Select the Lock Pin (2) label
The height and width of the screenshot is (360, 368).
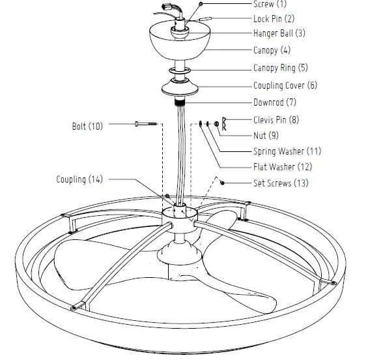tap(274, 19)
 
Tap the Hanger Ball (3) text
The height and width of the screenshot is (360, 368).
tap(279, 33)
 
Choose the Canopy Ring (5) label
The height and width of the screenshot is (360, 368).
tap(280, 68)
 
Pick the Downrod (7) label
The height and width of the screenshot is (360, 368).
tap(275, 102)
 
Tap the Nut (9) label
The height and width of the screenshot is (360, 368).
tap(264, 136)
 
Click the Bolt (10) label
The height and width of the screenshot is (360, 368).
tap(87, 125)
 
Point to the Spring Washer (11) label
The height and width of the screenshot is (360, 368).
tap(286, 151)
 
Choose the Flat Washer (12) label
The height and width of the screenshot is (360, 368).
tap(282, 167)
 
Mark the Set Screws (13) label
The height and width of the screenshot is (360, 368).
tap(281, 183)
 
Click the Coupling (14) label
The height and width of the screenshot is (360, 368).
tap(79, 179)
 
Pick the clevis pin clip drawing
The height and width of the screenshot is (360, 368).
tap(223, 121)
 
